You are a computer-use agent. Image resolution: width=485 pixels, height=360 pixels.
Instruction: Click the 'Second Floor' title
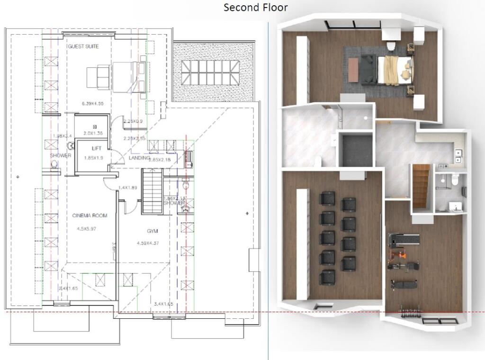(255, 8)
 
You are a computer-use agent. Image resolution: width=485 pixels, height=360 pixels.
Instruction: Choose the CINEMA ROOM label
(90, 216)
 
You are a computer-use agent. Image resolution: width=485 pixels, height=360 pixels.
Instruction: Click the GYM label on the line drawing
(152, 231)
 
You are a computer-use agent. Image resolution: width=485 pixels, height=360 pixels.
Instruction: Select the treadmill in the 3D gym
(404, 240)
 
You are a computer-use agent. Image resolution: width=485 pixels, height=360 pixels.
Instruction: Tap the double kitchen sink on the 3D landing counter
(458, 156)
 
